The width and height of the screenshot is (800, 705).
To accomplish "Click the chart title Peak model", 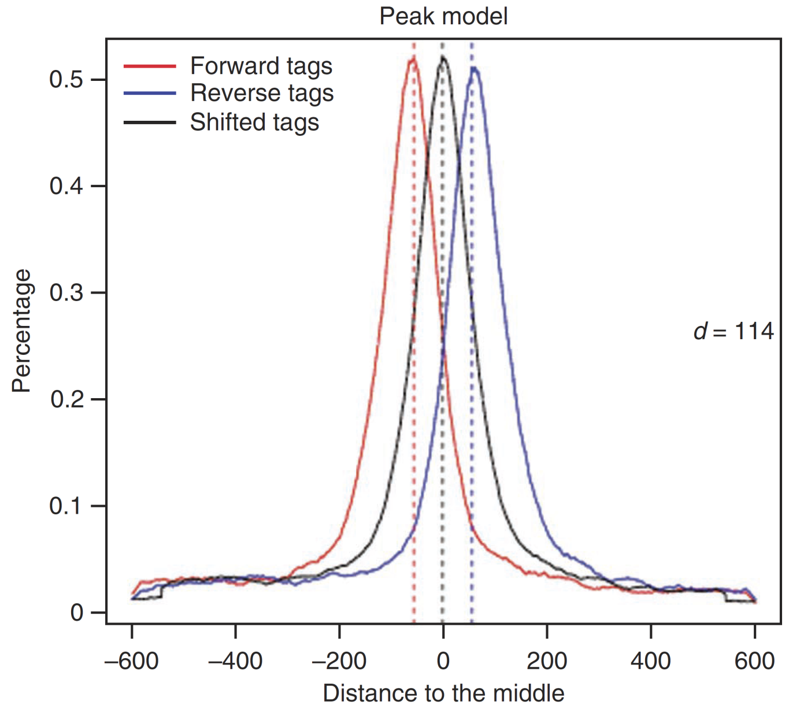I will click(443, 16).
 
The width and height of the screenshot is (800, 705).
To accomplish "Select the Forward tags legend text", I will click(261, 66).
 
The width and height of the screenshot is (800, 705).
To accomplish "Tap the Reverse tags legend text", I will click(262, 94).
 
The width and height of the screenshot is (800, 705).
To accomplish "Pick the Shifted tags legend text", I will click(254, 123).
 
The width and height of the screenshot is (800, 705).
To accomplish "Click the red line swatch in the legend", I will click(150, 66).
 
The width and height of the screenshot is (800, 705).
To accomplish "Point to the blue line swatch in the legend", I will click(150, 94).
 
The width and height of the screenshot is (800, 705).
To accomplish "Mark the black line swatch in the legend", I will click(150, 123).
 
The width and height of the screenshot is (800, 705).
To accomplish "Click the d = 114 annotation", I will click(733, 332).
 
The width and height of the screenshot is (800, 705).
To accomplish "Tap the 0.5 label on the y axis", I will click(66, 80).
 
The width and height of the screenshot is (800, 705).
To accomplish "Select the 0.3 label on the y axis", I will click(66, 293).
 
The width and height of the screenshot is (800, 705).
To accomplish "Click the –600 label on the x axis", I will click(131, 661).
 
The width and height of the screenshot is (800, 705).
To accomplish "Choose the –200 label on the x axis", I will click(339, 661).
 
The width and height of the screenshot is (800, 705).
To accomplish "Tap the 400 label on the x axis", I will click(651, 661).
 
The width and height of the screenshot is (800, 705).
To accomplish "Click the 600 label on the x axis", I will click(754, 661).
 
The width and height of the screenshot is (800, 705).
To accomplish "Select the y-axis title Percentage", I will click(22, 331).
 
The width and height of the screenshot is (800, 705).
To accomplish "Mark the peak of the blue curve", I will click(474, 68).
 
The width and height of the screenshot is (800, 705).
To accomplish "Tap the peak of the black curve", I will click(443, 57).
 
